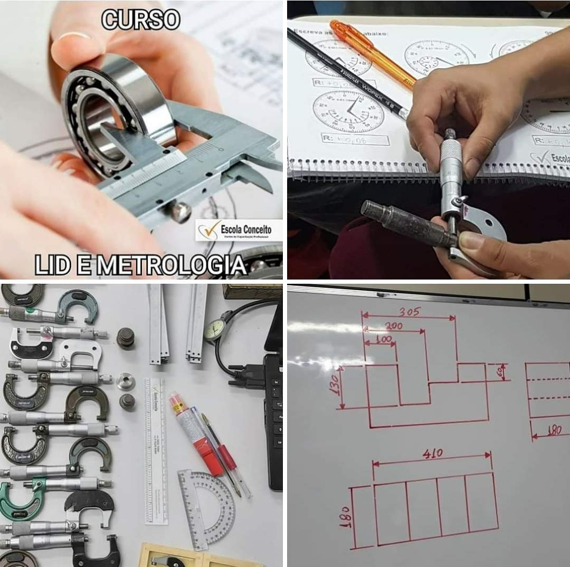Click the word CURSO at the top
[x=140, y=20]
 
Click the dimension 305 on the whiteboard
[x=409, y=312]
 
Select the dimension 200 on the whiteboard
[x=393, y=326]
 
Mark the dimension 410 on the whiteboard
[x=433, y=454]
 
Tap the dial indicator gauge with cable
[x=214, y=330]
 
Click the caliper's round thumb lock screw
[x=180, y=212]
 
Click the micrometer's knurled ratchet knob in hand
[x=450, y=138]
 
